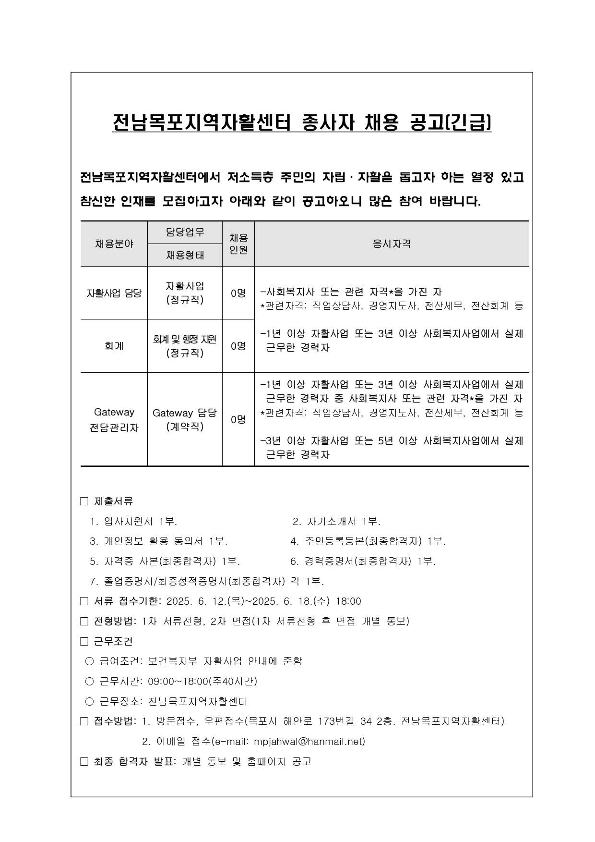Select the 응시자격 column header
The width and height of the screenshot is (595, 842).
click(392, 244)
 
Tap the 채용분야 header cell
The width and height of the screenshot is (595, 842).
click(114, 244)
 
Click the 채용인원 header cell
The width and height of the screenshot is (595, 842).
click(238, 244)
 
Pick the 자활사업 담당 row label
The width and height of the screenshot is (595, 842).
click(114, 293)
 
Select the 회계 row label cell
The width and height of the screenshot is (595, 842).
click(114, 346)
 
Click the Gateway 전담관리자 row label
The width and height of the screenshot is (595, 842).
click(114, 419)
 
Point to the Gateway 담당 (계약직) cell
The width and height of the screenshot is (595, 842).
click(185, 419)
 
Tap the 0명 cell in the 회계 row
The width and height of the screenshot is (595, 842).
click(238, 346)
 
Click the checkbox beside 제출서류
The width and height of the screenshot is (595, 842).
click(84, 501)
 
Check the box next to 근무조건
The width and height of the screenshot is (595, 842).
click(84, 642)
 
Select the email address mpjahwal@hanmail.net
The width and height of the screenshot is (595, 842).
click(309, 742)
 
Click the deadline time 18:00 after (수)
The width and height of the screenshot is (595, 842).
click(348, 601)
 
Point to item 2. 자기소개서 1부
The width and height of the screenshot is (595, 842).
click(336, 522)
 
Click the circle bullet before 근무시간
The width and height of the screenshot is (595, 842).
click(89, 682)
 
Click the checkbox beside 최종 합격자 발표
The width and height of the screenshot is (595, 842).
click(84, 762)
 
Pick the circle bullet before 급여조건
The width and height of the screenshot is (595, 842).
click(89, 661)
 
